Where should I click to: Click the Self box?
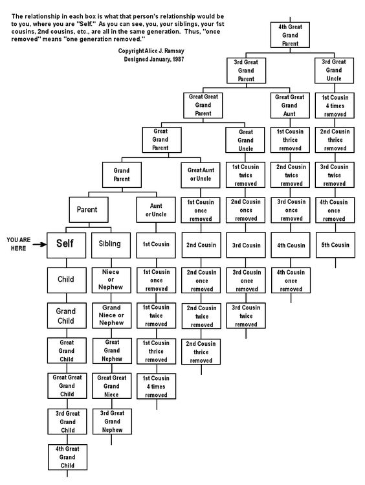[x=66, y=245]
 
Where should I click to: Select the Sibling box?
[x=111, y=245]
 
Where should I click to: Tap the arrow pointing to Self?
[x=39, y=244]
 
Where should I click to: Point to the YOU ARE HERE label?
[x=19, y=244]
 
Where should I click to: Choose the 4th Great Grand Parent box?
[x=290, y=35]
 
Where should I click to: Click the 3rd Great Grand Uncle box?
[x=334, y=70]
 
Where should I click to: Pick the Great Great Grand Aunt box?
[x=290, y=106]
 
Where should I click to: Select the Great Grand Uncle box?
[x=245, y=140]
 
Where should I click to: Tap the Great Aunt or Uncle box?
[x=201, y=175]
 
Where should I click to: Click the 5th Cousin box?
[x=335, y=245]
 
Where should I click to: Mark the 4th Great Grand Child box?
[x=67, y=457]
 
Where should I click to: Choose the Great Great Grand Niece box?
[x=112, y=386]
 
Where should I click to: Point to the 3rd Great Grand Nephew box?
[x=112, y=422]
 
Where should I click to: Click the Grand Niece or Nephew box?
[x=111, y=315]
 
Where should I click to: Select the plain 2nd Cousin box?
[x=201, y=245]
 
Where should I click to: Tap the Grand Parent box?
[x=122, y=175]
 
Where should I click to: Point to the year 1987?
[x=179, y=59]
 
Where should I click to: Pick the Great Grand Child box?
[x=67, y=351]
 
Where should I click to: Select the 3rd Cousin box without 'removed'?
[x=246, y=245]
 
